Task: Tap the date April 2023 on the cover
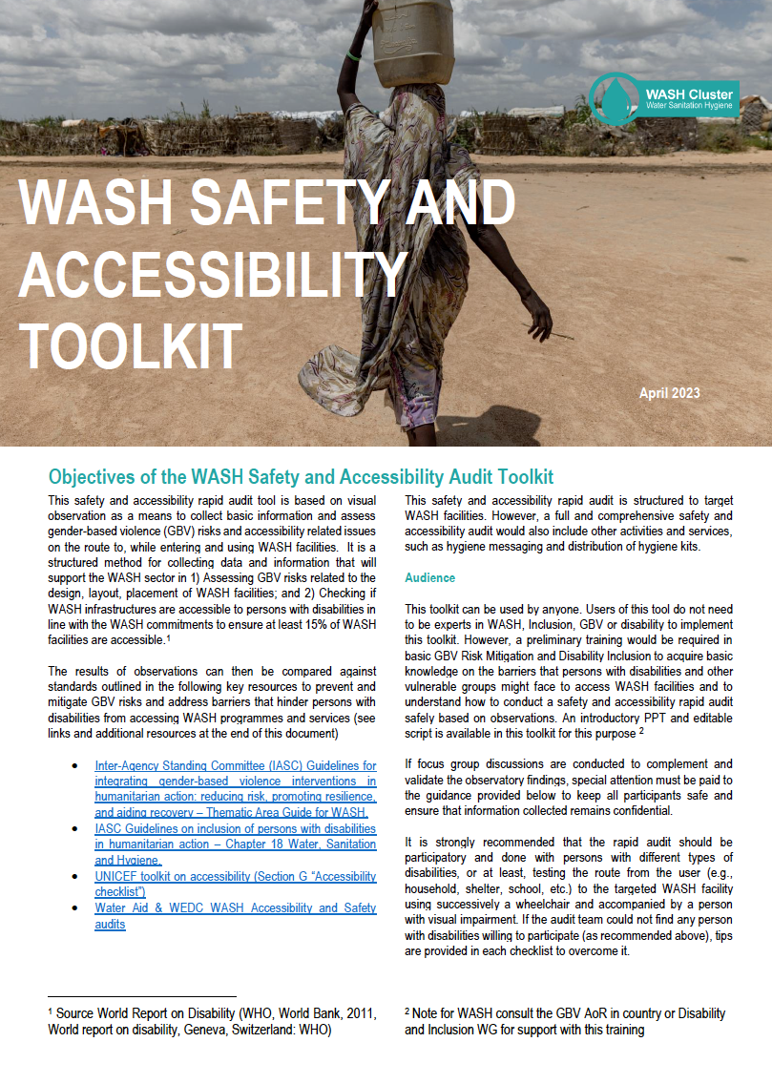point(669,393)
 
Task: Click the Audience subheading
point(430,578)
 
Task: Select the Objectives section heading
point(301,477)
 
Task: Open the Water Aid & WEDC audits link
point(235,916)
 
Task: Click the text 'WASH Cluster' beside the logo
point(689,94)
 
